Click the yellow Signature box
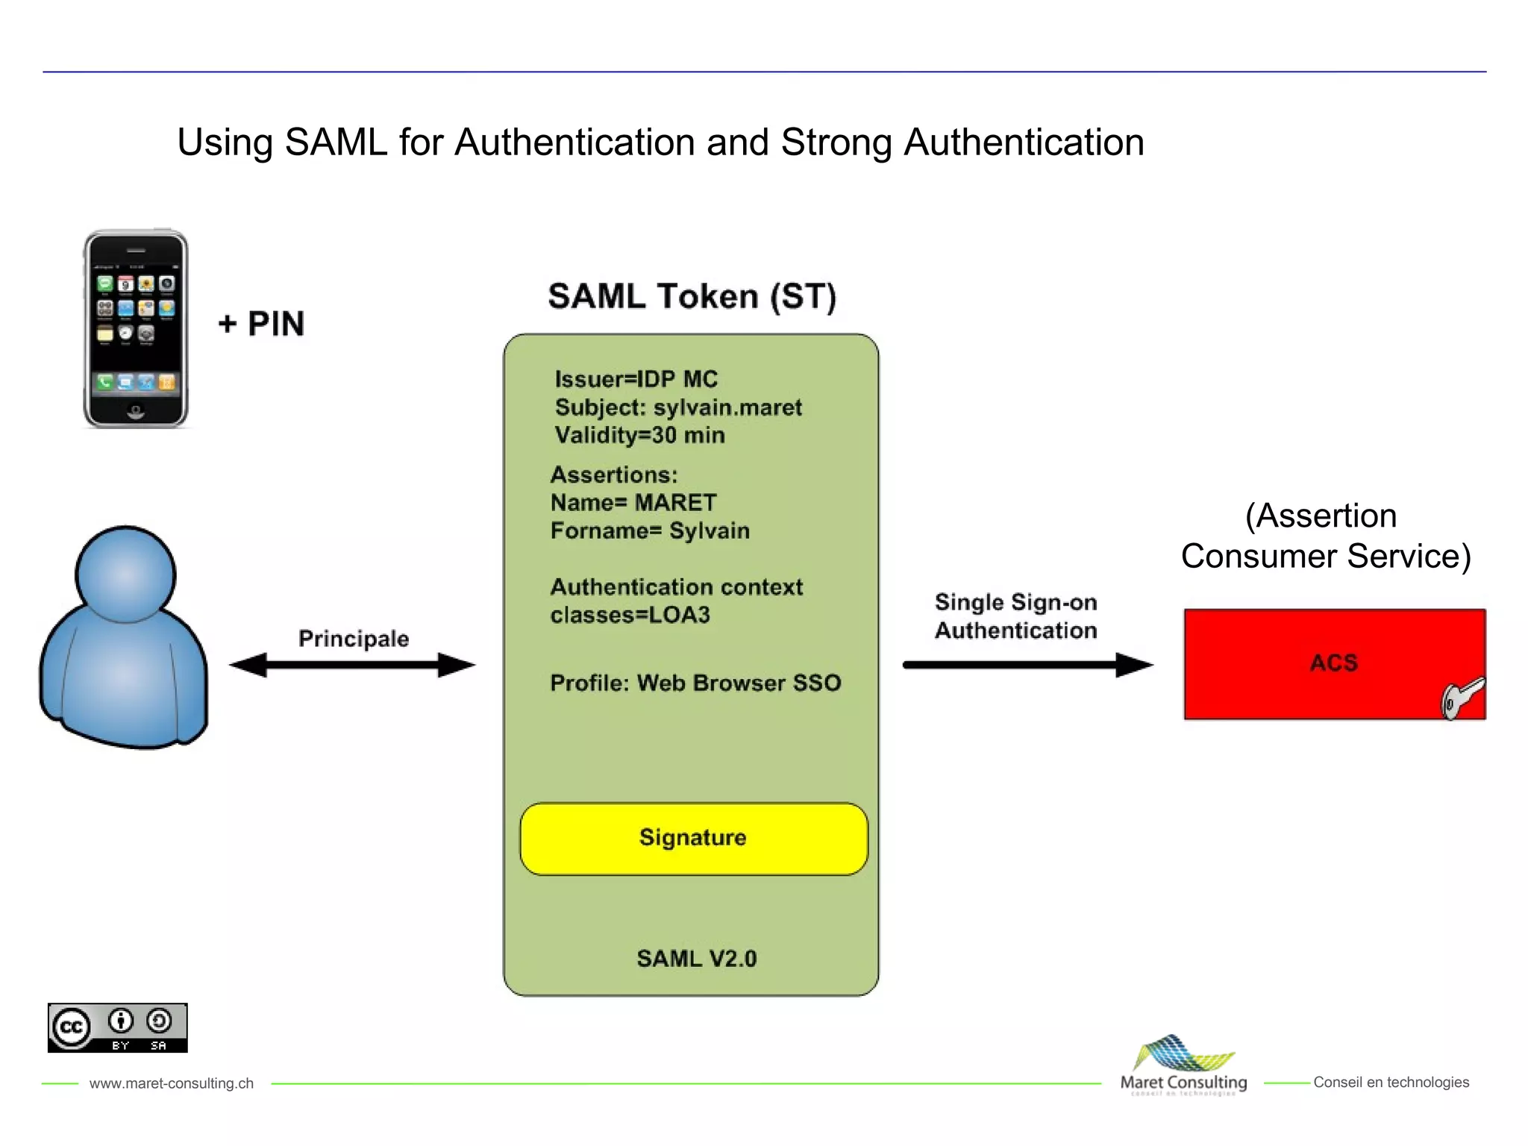[x=693, y=839]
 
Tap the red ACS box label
[x=1333, y=663]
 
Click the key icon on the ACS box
[x=1461, y=698]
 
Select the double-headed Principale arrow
[x=352, y=665]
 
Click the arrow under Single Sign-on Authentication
[x=1027, y=664]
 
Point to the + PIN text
[x=261, y=324]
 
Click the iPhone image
[x=136, y=329]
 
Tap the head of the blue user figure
[x=125, y=574]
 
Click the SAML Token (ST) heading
[x=692, y=297]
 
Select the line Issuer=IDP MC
[x=636, y=379]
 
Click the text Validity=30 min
[x=639, y=435]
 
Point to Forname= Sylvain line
[x=650, y=530]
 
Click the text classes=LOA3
[x=630, y=615]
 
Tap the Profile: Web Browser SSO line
[x=695, y=683]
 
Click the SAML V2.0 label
[x=696, y=959]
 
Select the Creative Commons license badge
[x=118, y=1028]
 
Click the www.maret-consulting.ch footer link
[x=172, y=1083]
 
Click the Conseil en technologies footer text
[x=1391, y=1082]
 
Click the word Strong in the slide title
[x=836, y=143]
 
